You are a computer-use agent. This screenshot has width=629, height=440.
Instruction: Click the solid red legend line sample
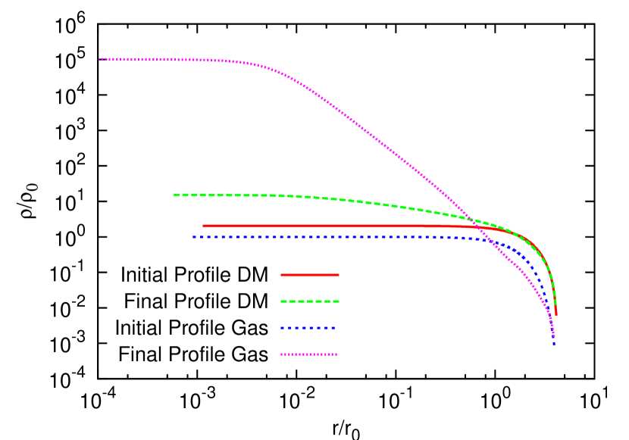pyautogui.click(x=309, y=275)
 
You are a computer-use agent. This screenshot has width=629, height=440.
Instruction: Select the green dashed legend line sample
pyautogui.click(x=309, y=301)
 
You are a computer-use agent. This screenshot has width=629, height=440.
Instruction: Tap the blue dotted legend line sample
pyautogui.click(x=308, y=328)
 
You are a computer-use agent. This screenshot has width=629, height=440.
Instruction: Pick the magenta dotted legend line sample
pyautogui.click(x=308, y=354)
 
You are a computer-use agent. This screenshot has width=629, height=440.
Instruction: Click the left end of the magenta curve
pyautogui.click(x=100, y=59)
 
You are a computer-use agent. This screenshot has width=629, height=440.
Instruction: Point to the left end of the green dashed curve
pyautogui.click(x=175, y=195)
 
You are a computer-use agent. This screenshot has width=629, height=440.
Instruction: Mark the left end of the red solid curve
pyautogui.click(x=204, y=226)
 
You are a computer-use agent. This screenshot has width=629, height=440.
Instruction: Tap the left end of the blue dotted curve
pyautogui.click(x=194, y=237)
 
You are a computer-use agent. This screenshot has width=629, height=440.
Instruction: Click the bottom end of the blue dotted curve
pyautogui.click(x=554, y=344)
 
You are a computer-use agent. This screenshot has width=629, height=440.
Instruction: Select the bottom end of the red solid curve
pyautogui.click(x=556, y=314)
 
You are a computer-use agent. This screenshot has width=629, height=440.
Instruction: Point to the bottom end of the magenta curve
pyautogui.click(x=554, y=336)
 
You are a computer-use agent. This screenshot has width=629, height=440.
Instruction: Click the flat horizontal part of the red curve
pyautogui.click(x=318, y=226)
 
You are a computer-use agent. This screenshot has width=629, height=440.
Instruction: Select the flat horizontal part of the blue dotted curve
pyautogui.click(x=318, y=237)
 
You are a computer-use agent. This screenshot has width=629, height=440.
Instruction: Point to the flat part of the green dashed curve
pyautogui.click(x=227, y=195)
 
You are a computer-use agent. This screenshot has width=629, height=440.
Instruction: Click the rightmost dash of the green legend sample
pyautogui.click(x=334, y=301)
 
